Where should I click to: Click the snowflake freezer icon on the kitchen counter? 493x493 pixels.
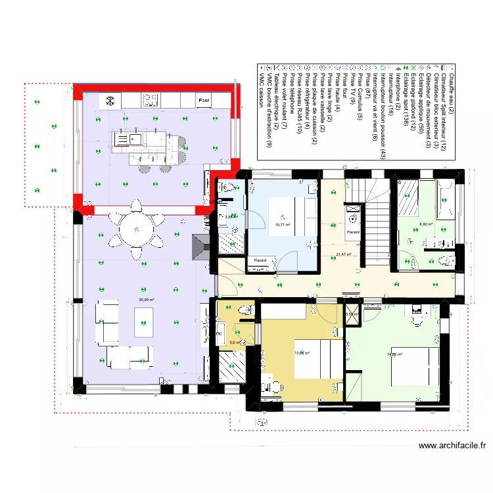pos(110,101)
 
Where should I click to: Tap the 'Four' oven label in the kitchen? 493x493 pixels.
pos(204,101)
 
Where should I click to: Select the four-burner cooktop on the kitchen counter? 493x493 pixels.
pos(151,101)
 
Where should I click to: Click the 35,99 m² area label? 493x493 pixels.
pos(146,300)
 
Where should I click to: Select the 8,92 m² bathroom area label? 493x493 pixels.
pos(427,224)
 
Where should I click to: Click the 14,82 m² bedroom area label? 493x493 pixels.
pos(394,354)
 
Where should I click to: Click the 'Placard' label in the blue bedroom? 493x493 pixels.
pos(260,261)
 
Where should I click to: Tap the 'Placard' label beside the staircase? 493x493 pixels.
pos(354,232)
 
